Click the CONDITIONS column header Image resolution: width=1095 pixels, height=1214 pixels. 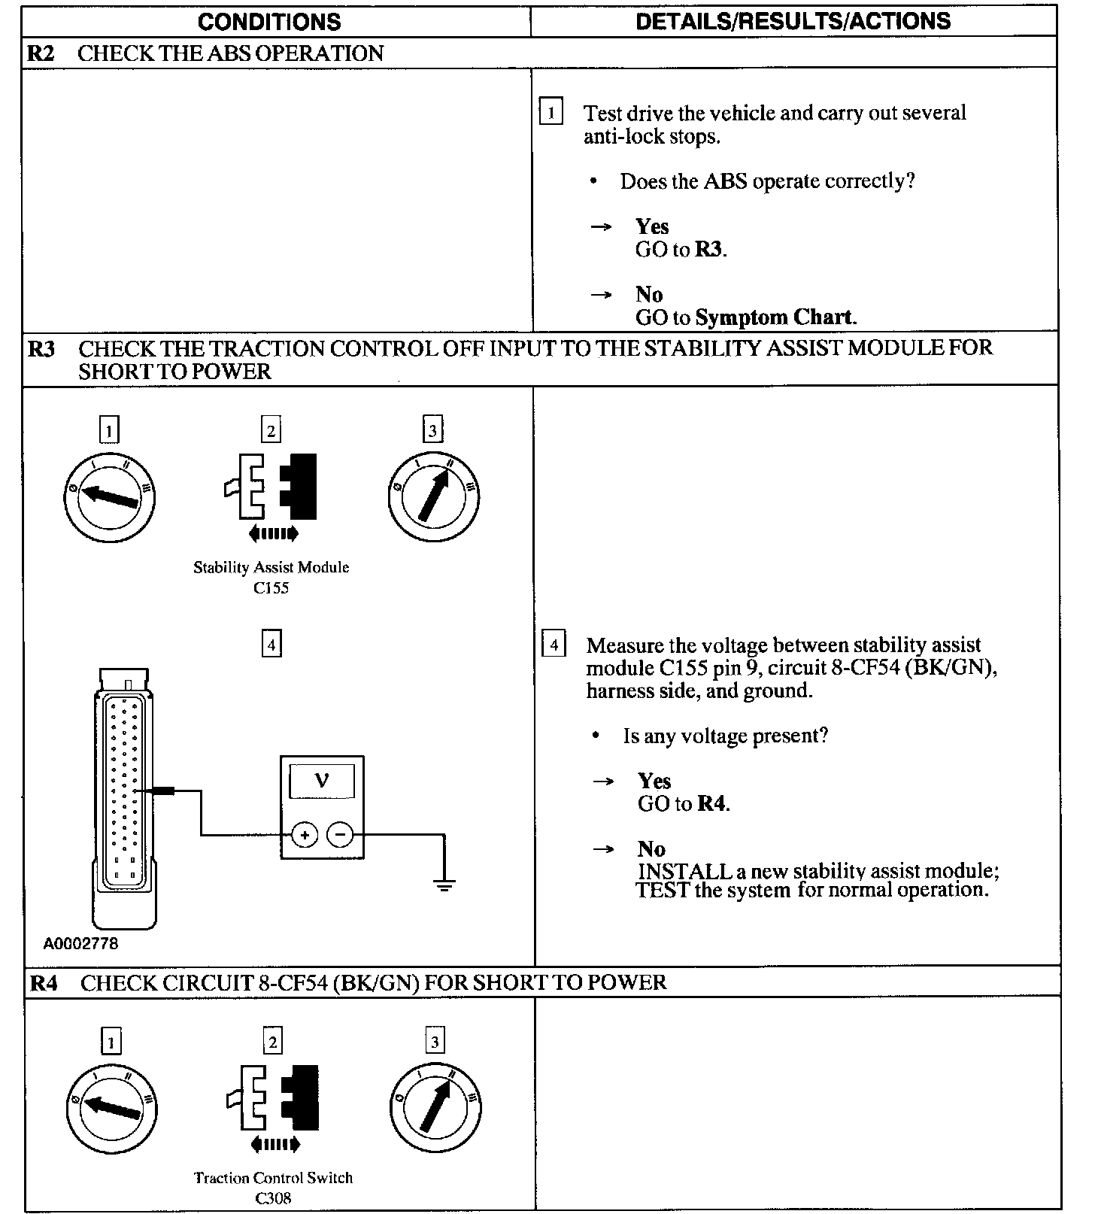click(269, 21)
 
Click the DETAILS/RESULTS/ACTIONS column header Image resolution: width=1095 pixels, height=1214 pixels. click(793, 21)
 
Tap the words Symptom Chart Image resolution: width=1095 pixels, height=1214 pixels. click(775, 317)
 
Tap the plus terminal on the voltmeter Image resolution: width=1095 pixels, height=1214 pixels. click(305, 835)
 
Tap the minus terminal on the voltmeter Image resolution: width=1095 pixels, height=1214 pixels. click(340, 835)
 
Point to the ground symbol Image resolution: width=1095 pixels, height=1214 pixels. click(444, 883)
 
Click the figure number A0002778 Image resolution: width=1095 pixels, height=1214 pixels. click(80, 943)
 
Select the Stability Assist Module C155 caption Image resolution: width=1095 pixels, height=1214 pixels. click(271, 577)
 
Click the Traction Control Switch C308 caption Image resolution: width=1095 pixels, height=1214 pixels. click(273, 1188)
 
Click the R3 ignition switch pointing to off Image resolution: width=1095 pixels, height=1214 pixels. click(110, 496)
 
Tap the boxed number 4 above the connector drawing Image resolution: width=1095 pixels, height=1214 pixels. click(271, 645)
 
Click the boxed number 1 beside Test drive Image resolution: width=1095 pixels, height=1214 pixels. click(551, 113)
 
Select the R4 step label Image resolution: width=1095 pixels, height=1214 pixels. click(43, 983)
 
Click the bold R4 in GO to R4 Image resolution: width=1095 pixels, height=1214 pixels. click(712, 804)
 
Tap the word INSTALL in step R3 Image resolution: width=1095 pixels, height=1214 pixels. click(684, 871)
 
